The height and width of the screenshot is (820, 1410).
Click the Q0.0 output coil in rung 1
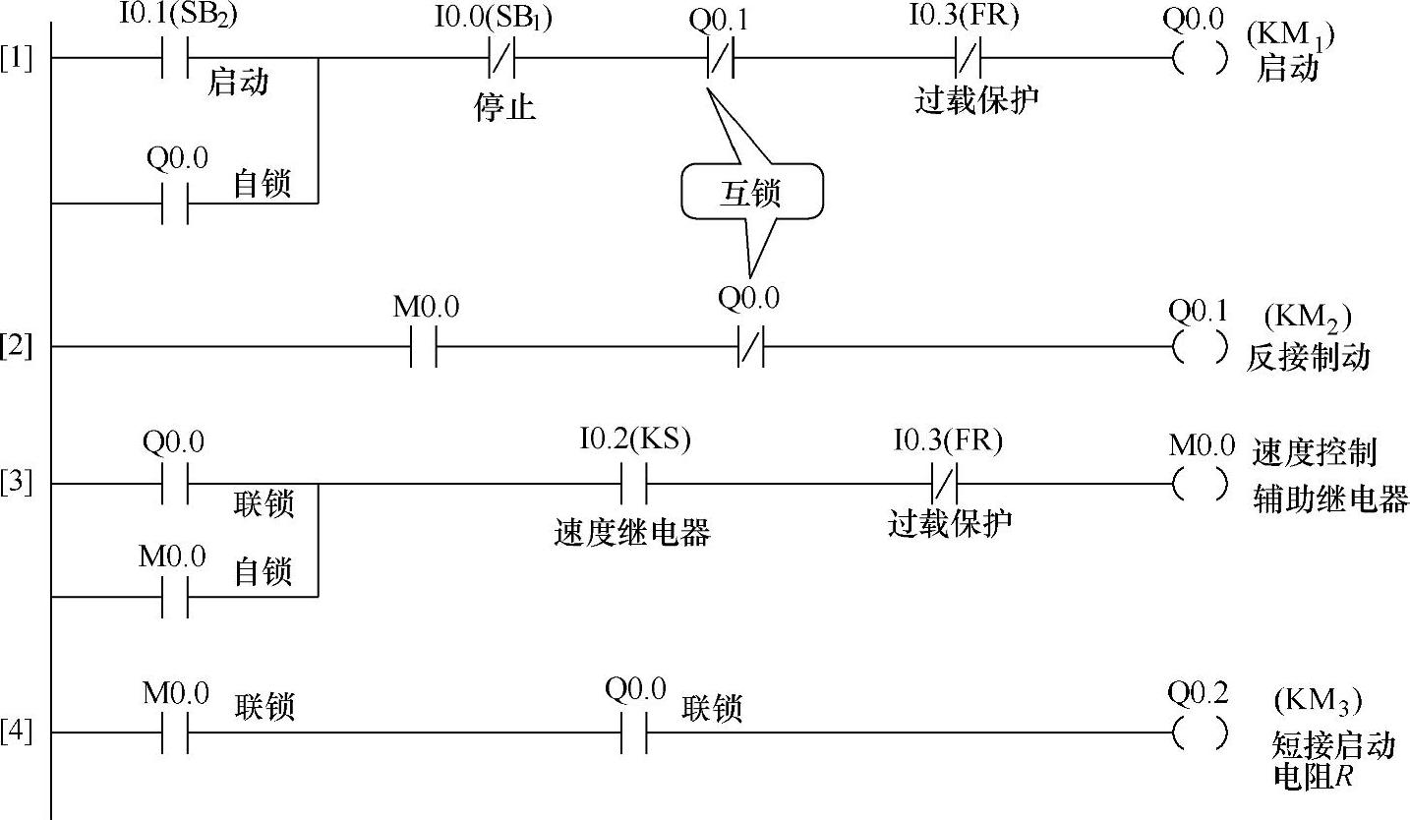(x=1201, y=59)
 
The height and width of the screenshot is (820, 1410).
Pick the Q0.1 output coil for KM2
(x=1201, y=347)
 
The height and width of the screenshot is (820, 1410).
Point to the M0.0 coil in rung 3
(x=1201, y=484)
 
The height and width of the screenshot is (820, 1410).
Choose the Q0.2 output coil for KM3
(x=1201, y=732)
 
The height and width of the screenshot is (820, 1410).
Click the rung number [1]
(x=16, y=59)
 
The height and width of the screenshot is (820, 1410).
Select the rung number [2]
(x=16, y=347)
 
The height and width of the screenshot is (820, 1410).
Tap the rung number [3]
(x=16, y=484)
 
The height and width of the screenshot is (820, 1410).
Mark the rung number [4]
(x=16, y=732)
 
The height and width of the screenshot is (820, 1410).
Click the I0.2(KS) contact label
(x=635, y=441)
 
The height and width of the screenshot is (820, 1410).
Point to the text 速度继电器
(x=631, y=532)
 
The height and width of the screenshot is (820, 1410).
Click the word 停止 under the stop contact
(x=504, y=106)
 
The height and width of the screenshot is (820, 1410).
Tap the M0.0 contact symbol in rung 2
(x=424, y=347)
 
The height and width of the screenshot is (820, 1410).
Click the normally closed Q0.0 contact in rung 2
(x=750, y=347)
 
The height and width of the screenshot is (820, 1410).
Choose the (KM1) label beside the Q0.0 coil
(x=1290, y=37)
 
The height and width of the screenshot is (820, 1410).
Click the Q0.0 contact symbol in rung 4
(x=634, y=732)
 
